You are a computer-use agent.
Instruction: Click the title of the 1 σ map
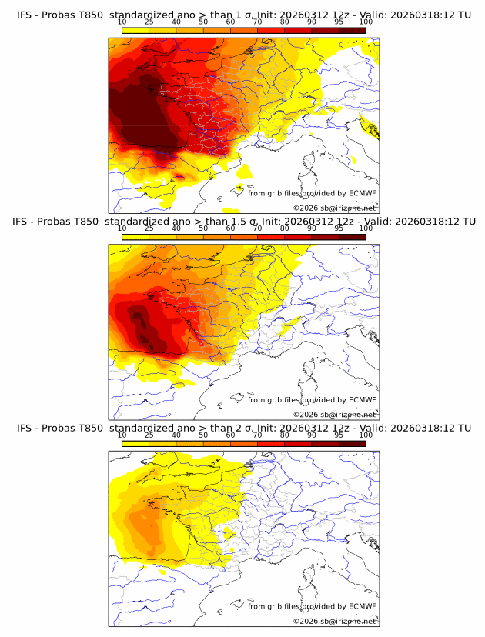(x=243, y=15)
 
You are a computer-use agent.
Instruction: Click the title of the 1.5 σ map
(x=243, y=221)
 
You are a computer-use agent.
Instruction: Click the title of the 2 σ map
(x=243, y=428)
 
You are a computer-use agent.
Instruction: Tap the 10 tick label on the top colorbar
(x=122, y=23)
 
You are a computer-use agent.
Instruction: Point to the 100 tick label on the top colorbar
(x=366, y=23)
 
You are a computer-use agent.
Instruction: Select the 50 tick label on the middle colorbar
(x=203, y=228)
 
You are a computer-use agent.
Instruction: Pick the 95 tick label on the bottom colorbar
(x=339, y=435)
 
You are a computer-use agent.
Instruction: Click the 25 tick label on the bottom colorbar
(x=149, y=435)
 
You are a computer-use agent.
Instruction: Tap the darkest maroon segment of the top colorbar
(x=352, y=30)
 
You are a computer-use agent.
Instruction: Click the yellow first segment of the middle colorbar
(x=135, y=236)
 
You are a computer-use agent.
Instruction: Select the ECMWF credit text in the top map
(x=311, y=193)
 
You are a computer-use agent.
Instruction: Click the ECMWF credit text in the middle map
(x=311, y=399)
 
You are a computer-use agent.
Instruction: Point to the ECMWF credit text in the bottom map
(x=311, y=606)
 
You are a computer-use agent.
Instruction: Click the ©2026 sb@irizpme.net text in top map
(x=334, y=208)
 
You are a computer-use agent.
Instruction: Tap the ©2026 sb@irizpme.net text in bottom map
(x=334, y=621)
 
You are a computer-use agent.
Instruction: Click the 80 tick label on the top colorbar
(x=285, y=23)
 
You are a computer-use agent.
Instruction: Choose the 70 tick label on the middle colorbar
(x=258, y=228)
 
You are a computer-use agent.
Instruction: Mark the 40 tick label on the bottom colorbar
(x=176, y=435)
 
